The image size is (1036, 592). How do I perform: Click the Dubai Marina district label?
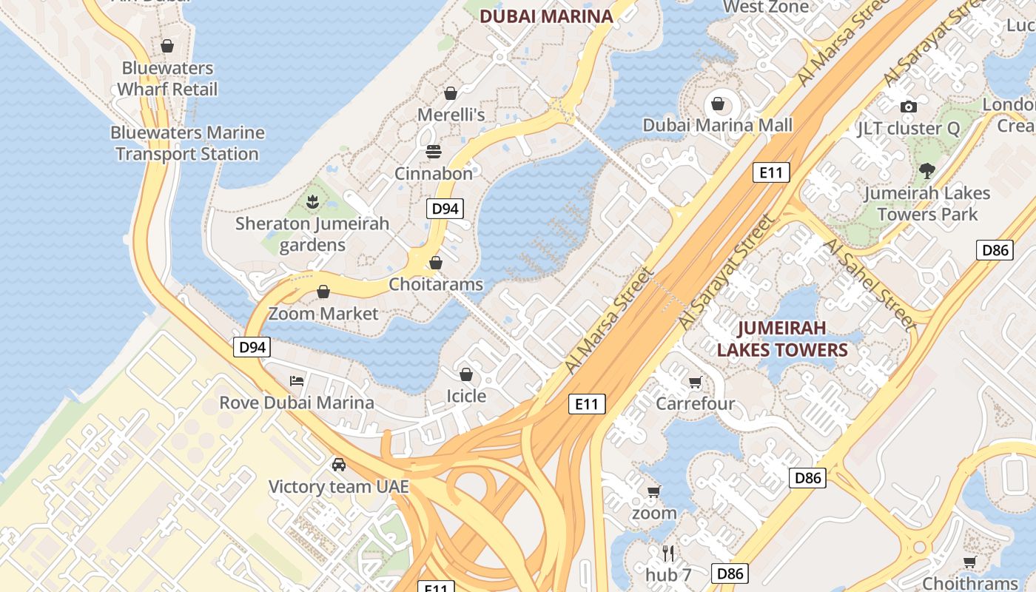[x=547, y=16]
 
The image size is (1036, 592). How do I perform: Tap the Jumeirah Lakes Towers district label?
[x=782, y=338]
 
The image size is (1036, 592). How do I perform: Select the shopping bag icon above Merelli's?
[x=450, y=93]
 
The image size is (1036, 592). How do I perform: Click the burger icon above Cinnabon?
[x=433, y=152]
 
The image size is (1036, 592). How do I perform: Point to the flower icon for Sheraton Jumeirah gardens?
[x=312, y=201]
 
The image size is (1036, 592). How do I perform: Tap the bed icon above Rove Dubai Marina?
[x=297, y=381]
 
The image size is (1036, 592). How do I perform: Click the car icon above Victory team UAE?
[x=338, y=465]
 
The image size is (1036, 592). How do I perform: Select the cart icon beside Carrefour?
[x=695, y=382]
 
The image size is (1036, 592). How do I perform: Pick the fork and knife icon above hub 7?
[x=668, y=553]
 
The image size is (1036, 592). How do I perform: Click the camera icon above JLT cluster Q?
[x=909, y=107]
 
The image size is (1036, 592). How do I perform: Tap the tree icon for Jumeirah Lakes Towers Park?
[x=926, y=171]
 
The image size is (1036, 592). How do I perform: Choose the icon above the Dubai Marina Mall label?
[x=717, y=103]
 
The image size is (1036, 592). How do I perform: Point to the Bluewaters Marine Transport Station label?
[x=187, y=144]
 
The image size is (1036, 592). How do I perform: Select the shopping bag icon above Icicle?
[x=466, y=374]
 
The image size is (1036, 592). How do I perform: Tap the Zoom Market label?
[x=323, y=314]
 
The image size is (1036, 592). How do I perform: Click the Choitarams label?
[x=436, y=284]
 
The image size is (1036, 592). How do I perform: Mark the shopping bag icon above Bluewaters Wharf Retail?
[x=167, y=46]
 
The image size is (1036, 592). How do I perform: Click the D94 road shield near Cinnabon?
[x=445, y=209]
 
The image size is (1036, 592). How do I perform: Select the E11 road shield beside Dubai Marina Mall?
[x=771, y=173]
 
